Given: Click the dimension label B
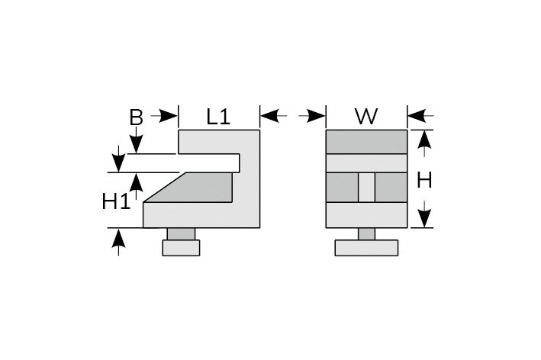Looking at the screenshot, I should [x=136, y=117].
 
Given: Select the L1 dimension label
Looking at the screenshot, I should [x=218, y=117].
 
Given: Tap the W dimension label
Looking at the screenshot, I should [x=366, y=117].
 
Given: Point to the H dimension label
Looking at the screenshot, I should [x=425, y=180].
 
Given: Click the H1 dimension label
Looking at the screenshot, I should [x=116, y=202].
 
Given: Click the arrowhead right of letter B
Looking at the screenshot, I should [x=169, y=116].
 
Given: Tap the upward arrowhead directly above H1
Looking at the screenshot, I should [x=136, y=182].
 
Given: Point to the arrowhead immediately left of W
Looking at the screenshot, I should [x=317, y=116].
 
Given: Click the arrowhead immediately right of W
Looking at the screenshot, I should [x=417, y=116].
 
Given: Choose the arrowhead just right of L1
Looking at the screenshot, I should [x=269, y=116].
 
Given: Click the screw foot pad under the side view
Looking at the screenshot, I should [x=181, y=248].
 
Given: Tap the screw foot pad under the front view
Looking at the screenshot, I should [x=366, y=248].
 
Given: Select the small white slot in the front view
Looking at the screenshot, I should [x=366, y=188].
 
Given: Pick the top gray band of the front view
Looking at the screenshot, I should [x=366, y=142].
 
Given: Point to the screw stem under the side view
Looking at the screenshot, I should [x=181, y=234].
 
